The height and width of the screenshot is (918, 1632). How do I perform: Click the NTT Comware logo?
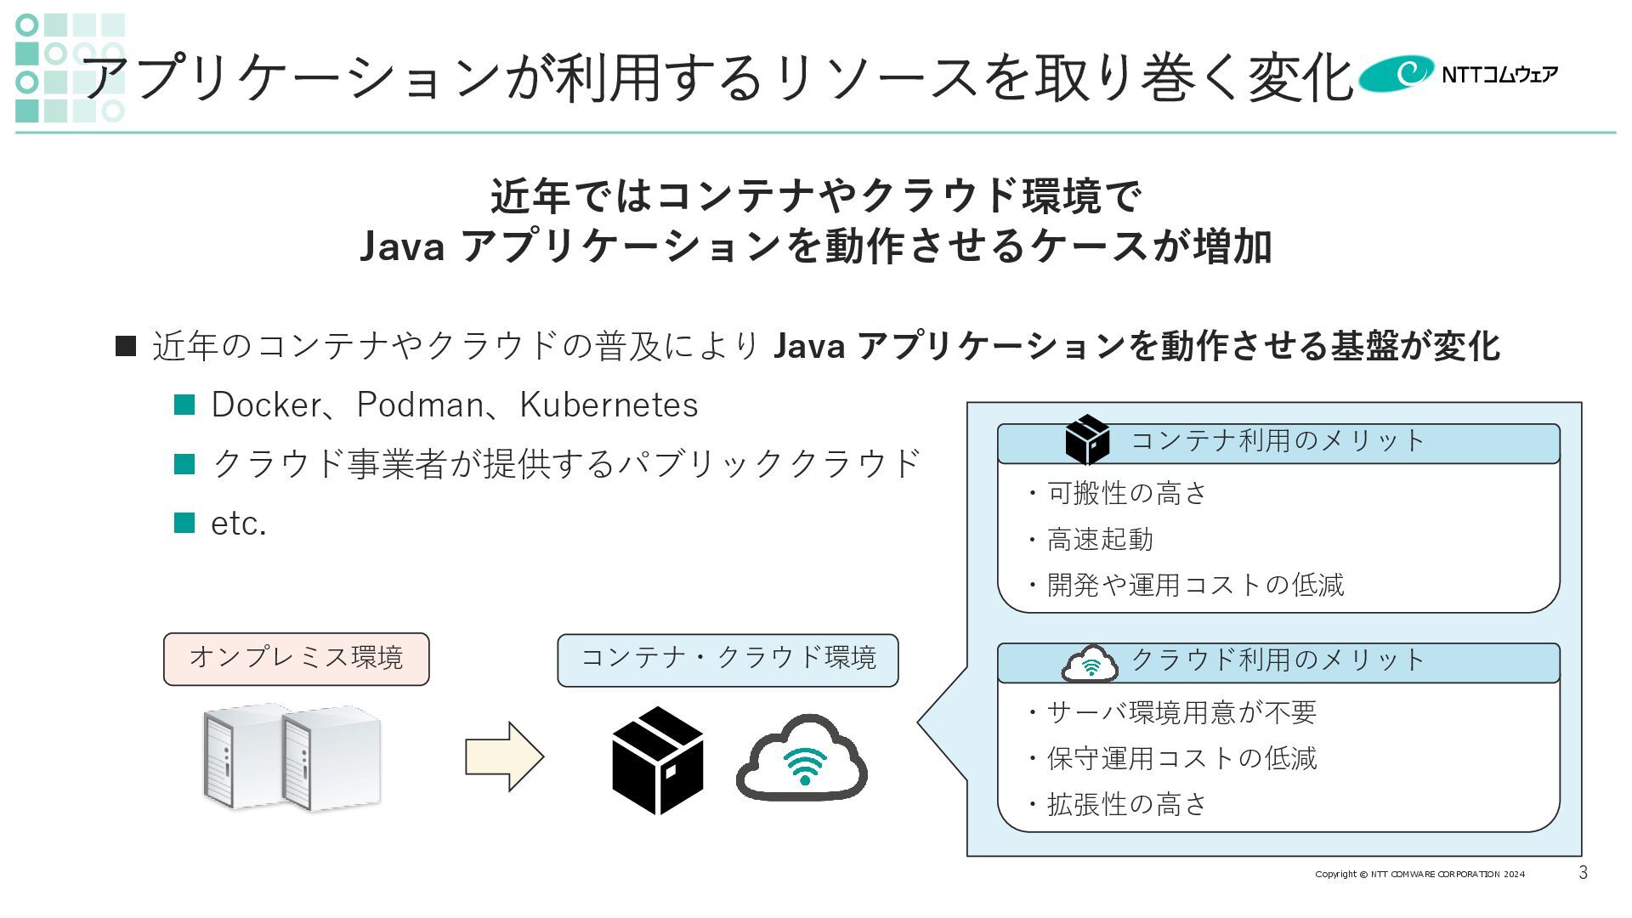coord(1458,74)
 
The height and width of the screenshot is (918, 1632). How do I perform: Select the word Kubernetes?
coord(609,405)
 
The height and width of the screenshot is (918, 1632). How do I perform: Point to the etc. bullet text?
coord(238,524)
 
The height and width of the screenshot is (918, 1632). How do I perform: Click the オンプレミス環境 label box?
coord(296,658)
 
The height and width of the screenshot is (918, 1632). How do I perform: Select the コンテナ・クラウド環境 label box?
coord(728,659)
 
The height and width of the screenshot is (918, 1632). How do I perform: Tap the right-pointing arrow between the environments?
coord(503,756)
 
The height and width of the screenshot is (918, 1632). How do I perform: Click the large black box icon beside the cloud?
coord(657,759)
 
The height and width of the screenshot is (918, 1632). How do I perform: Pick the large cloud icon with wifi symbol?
coord(802,758)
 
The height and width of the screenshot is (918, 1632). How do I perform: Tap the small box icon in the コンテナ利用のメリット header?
coord(1087,439)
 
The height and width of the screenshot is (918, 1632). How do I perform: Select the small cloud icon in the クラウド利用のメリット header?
coord(1090,664)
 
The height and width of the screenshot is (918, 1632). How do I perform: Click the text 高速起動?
coord(1100,539)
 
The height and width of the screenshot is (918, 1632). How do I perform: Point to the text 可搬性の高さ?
coord(1126,493)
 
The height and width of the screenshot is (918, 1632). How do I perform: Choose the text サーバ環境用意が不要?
coord(1181,712)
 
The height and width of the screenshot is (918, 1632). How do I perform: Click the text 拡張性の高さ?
coord(1126,804)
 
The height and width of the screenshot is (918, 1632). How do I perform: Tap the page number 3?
coord(1583,873)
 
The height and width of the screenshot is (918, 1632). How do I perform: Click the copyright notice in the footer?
coord(1419,874)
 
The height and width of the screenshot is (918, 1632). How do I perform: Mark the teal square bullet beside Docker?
coord(184,405)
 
